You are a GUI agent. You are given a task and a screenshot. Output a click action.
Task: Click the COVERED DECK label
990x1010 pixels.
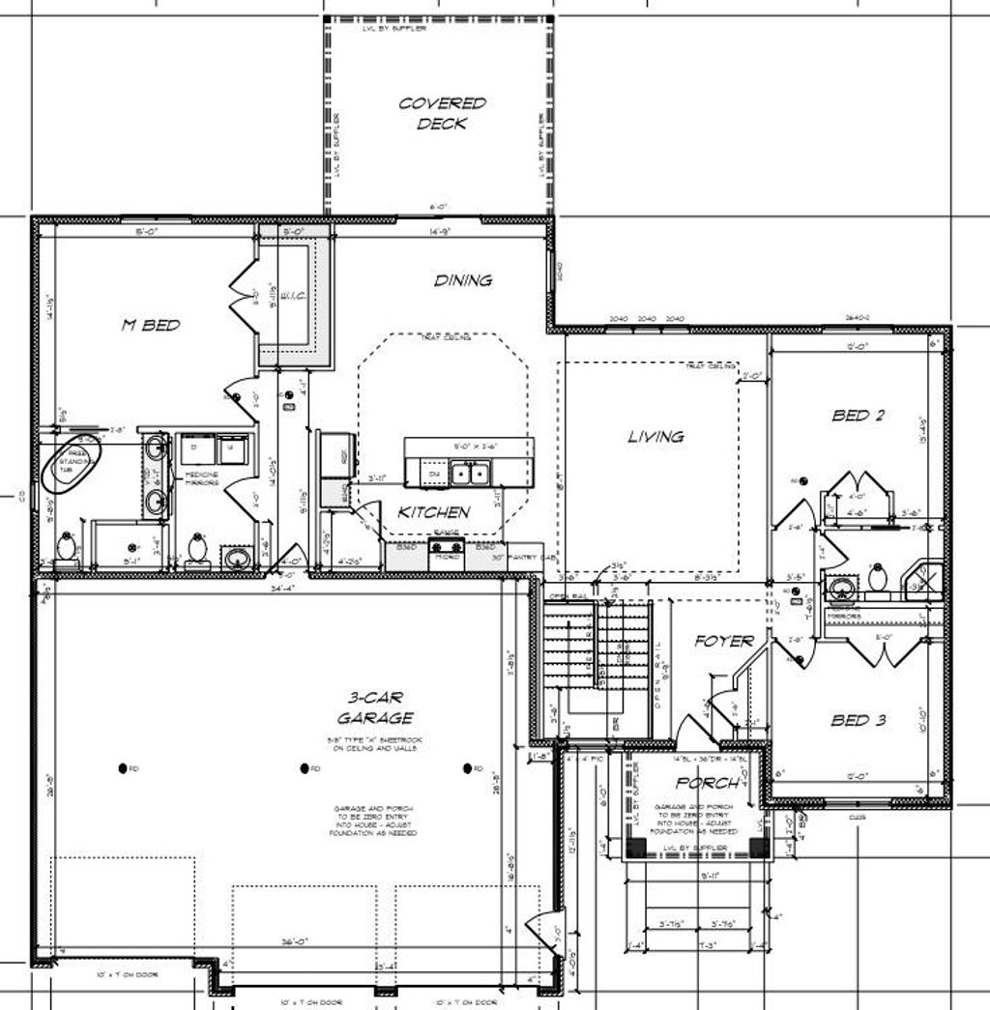442,113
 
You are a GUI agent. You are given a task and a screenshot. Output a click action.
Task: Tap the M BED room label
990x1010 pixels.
150,325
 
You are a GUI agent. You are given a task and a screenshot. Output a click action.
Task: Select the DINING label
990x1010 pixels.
462,280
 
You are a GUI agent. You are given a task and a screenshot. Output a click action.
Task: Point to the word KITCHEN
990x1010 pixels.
433,512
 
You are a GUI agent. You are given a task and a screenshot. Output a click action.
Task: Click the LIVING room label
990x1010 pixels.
655,437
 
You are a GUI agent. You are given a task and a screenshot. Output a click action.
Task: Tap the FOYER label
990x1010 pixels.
723,641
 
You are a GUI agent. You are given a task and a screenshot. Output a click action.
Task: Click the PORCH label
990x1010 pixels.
706,783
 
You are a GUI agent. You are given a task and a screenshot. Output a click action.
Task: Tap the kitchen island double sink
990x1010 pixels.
468,474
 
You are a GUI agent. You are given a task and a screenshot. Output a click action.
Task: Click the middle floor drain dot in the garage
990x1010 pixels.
305,768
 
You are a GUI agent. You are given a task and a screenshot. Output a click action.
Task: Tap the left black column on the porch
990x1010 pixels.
636,848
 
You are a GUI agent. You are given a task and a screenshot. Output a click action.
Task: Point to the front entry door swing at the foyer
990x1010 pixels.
696,727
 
